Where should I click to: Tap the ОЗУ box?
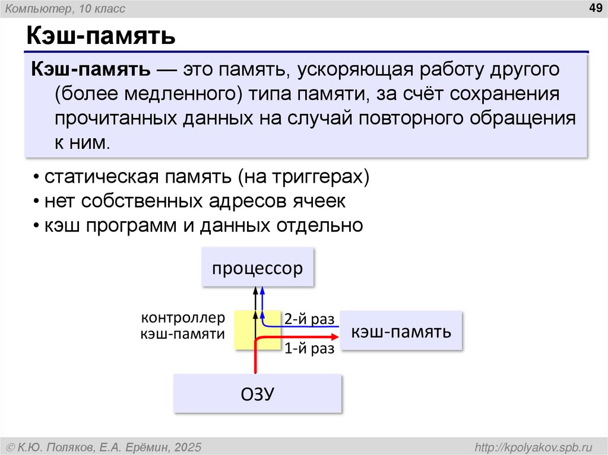pos(258,393)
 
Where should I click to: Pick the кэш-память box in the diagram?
pos(401,331)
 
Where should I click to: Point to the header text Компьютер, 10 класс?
pos(65,8)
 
